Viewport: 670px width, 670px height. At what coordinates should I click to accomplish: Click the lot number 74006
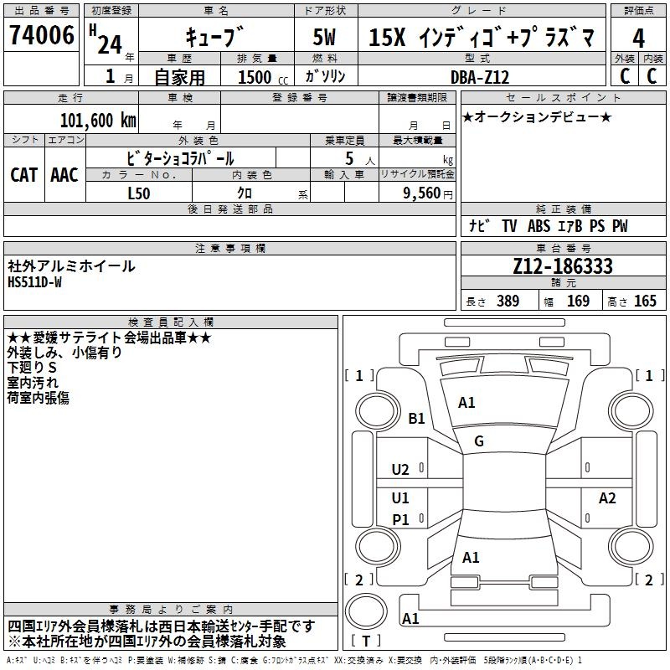point(42,35)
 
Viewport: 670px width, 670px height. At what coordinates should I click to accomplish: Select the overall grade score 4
point(638,39)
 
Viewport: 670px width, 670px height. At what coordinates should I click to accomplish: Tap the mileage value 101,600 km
point(98,120)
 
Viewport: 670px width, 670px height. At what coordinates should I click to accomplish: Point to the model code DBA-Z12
point(480,77)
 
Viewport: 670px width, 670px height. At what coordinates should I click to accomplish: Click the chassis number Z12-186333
point(563,265)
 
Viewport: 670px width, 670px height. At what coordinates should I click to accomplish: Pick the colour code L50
point(139,193)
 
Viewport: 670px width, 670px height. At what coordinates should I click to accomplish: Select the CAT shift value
point(24,175)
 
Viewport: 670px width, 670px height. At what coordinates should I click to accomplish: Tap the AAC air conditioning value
point(64,175)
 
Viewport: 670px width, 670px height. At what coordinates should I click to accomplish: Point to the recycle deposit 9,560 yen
point(428,193)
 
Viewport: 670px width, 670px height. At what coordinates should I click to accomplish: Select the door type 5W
point(324,37)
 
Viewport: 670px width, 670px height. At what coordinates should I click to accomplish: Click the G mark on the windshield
point(479,441)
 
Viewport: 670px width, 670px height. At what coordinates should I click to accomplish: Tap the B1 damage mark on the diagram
point(416,418)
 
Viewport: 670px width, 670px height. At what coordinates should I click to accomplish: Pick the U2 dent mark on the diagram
point(400,470)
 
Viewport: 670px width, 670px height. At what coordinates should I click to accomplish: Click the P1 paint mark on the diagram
point(401,519)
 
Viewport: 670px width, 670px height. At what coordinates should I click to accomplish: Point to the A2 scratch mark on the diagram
point(607,497)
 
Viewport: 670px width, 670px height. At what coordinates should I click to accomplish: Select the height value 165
point(645,301)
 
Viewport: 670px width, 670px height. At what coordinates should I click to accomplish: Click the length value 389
point(508,301)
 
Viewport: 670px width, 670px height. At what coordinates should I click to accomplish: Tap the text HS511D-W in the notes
point(34,282)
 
